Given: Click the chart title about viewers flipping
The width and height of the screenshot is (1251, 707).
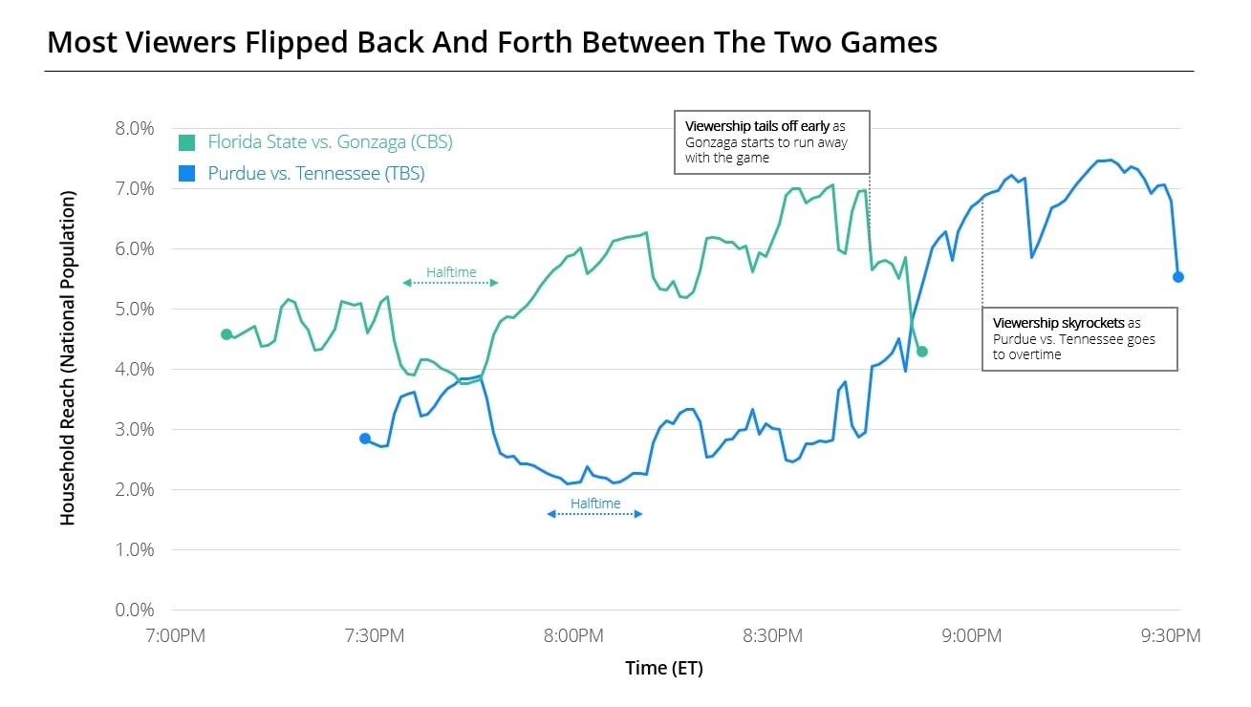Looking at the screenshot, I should pos(492,42).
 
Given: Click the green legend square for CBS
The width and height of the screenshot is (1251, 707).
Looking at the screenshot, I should pos(188,143).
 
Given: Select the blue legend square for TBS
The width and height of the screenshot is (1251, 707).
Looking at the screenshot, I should pos(188,174).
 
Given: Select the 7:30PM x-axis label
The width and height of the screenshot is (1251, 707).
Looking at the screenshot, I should pos(374,635).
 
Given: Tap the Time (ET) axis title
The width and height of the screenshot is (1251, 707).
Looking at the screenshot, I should pos(664,669).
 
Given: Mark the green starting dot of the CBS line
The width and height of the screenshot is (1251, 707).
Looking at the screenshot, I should pos(226,334).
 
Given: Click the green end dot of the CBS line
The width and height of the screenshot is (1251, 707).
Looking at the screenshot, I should pos(921,352).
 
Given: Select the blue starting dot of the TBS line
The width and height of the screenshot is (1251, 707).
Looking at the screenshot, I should pos(364,439).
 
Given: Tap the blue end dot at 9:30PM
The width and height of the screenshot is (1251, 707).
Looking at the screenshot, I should pos(1178,277).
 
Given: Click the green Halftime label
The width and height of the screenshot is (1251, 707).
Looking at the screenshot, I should pos(451,272).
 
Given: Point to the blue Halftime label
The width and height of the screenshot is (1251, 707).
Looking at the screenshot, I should pos(595,503).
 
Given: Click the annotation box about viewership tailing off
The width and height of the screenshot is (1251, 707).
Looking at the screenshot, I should pos(772,141).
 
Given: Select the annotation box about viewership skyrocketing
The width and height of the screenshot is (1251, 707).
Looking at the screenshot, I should pos(1080,338).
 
